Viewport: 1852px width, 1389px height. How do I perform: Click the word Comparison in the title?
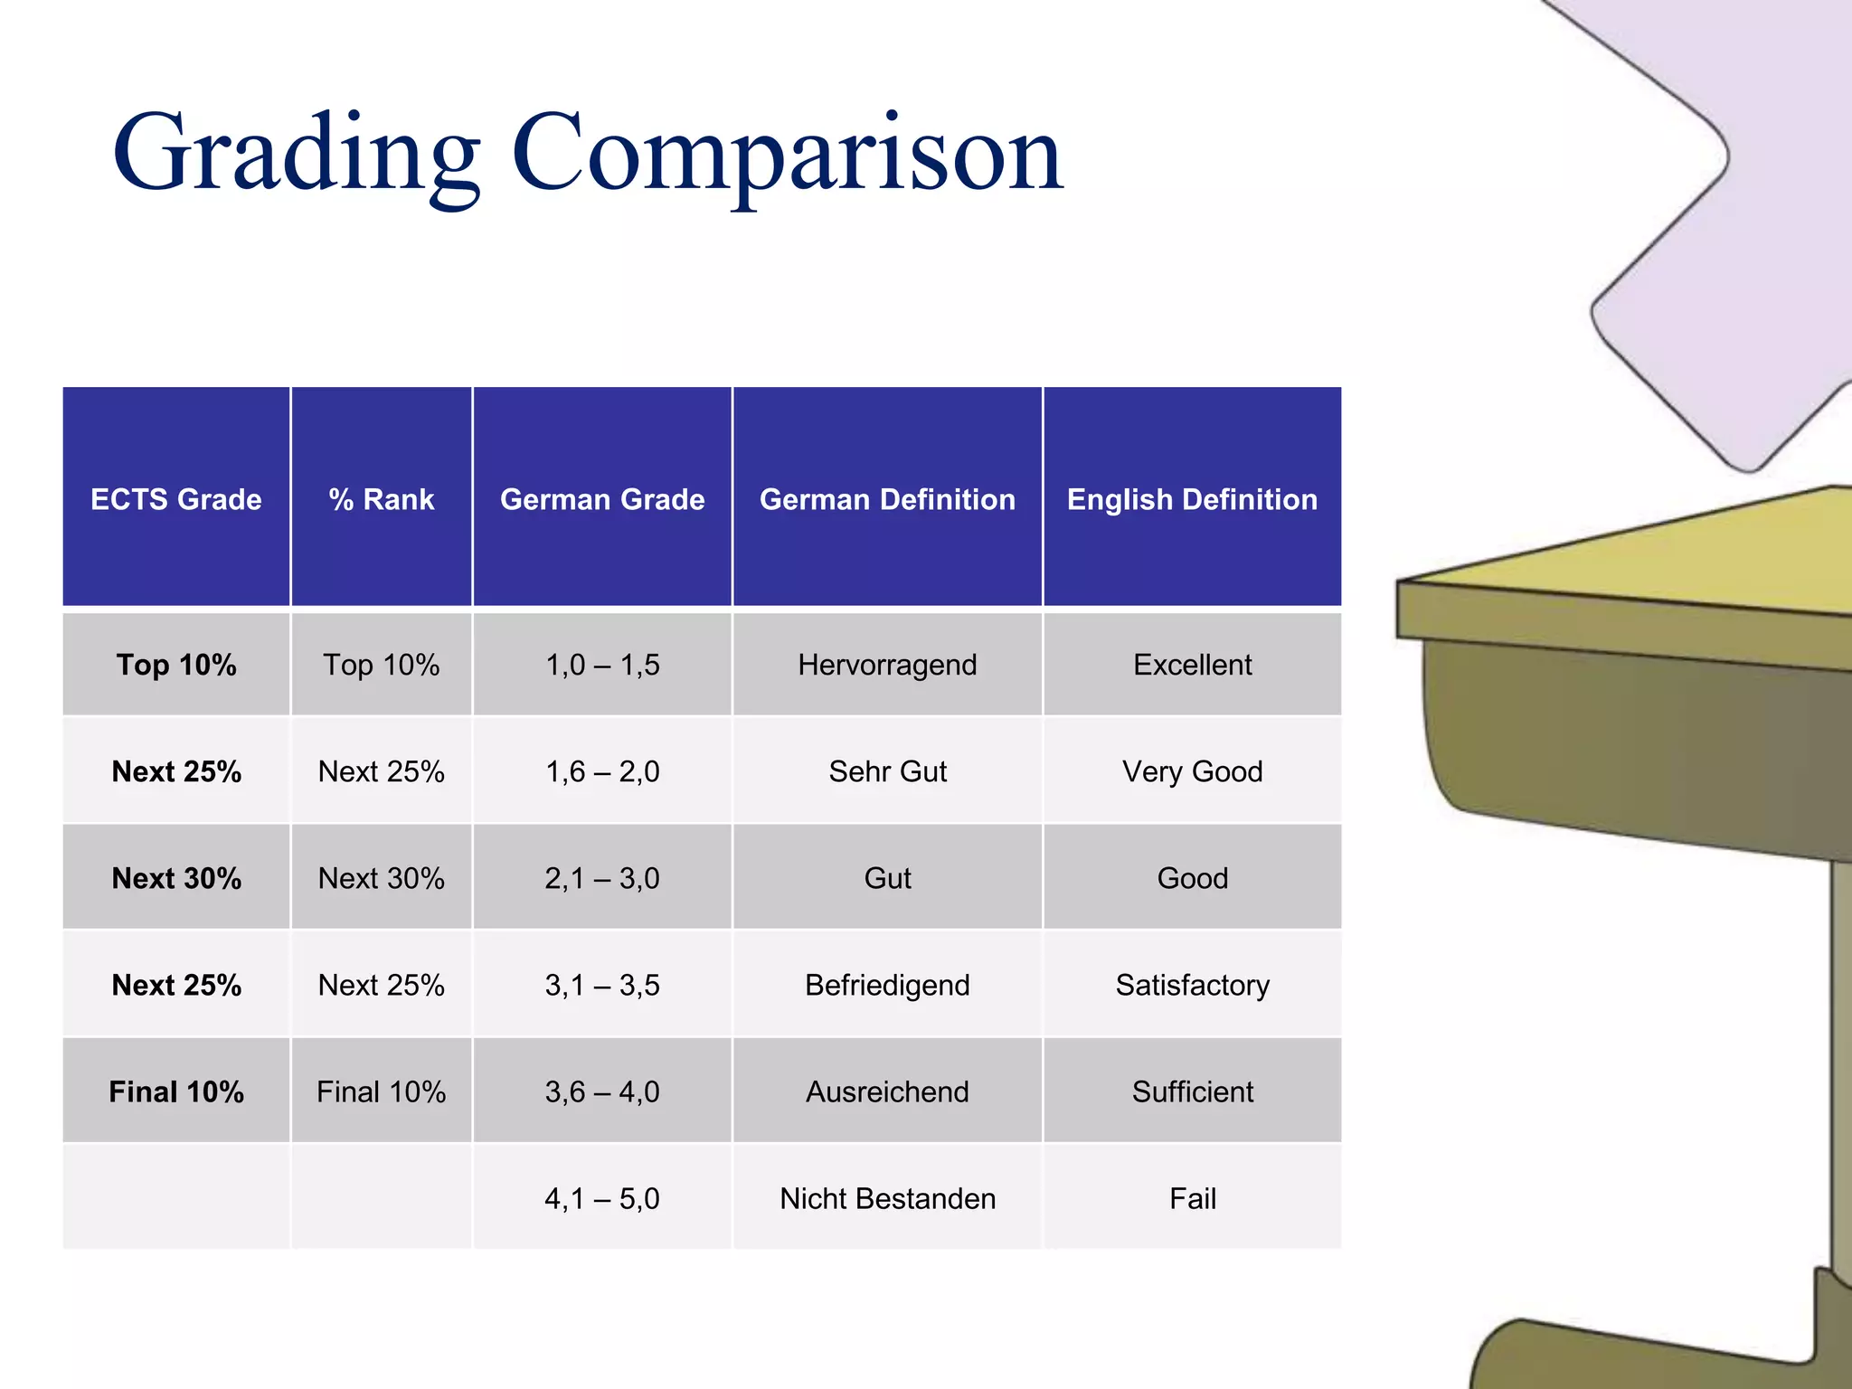787,154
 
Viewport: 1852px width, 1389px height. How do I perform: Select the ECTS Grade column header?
176,499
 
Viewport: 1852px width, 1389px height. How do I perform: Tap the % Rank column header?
382,499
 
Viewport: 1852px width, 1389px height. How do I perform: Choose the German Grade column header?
602,499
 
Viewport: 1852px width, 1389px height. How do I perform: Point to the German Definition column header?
887,499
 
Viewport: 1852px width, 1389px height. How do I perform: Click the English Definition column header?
1192,499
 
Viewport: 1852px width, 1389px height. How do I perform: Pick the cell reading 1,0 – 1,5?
602,665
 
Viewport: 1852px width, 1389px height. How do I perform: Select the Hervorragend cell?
887,665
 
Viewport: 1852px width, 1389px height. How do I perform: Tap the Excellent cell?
1192,665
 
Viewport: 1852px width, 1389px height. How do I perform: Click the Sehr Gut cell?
887,771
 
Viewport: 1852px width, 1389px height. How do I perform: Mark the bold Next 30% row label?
176,878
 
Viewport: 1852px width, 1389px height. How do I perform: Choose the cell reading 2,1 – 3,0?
602,878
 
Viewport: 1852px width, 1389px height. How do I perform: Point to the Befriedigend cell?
887,985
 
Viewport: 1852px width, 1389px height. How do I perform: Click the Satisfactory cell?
1192,985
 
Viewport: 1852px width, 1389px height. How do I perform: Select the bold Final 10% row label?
176,1091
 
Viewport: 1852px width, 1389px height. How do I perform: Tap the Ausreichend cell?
887,1091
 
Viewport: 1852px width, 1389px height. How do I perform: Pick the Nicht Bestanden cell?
887,1198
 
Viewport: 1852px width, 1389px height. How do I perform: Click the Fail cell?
1192,1198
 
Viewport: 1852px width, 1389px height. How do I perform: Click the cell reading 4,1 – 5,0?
602,1198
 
